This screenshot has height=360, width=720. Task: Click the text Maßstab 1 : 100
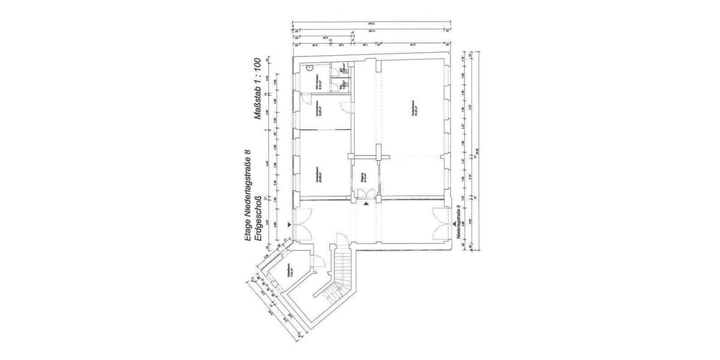pyautogui.click(x=257, y=91)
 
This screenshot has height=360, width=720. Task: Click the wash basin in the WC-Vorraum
pyautogui.click(x=310, y=68)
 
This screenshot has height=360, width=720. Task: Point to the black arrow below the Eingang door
pyautogui.click(x=365, y=205)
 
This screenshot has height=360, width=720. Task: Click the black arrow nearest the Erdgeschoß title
pyautogui.click(x=290, y=224)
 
